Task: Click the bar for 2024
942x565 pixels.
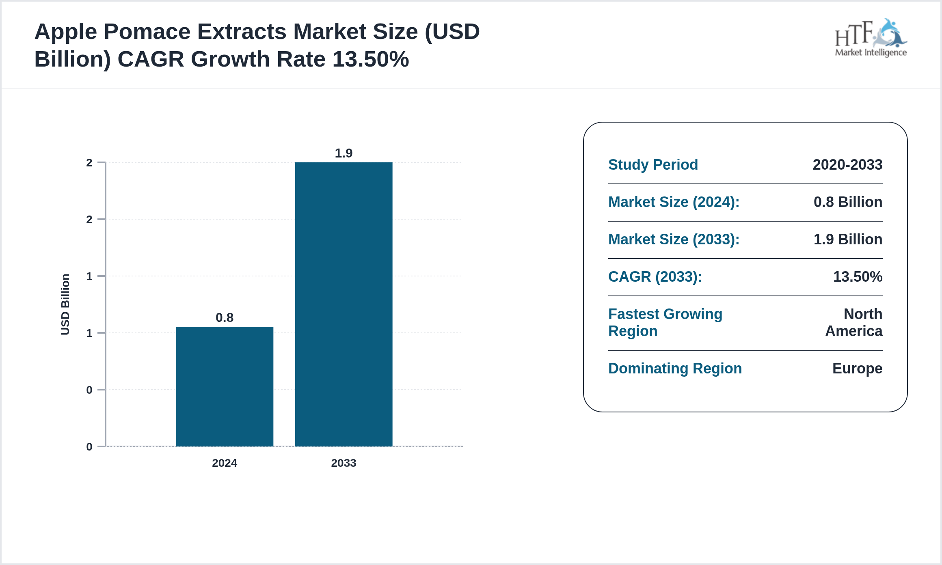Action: click(225, 386)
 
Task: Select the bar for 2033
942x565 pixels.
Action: click(344, 304)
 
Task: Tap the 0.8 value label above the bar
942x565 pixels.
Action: click(225, 317)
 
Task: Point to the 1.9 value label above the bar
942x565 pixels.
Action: click(344, 153)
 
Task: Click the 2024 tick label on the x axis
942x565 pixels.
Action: click(225, 463)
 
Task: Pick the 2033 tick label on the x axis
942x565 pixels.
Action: click(344, 463)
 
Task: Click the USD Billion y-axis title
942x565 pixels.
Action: click(65, 304)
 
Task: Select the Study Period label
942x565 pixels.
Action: click(653, 164)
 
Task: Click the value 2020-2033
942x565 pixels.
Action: click(847, 164)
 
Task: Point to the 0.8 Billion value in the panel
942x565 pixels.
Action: click(848, 202)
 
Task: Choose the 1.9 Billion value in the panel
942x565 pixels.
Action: click(848, 239)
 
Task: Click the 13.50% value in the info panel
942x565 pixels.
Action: click(858, 276)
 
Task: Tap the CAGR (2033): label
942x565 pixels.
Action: click(655, 276)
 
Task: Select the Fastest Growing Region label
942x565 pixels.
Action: click(665, 322)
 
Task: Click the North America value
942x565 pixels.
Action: click(854, 322)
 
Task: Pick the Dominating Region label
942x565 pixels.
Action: click(675, 368)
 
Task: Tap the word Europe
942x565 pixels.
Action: click(857, 368)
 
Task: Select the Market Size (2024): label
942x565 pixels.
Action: click(674, 202)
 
